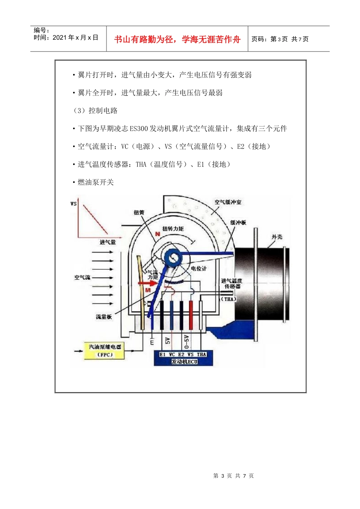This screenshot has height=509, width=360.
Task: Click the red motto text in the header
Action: [177, 39]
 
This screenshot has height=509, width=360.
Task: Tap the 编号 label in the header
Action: [41, 30]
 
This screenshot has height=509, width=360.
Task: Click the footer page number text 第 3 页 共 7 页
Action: [233, 476]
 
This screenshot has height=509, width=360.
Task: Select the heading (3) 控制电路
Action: [95, 111]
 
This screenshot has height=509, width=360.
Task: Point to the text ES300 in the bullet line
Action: [139, 129]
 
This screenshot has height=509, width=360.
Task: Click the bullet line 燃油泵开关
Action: [95, 182]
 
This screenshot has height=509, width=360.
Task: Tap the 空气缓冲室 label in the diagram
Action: [228, 202]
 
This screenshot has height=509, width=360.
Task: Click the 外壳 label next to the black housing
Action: [277, 237]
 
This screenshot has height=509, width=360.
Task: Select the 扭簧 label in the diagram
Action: [139, 212]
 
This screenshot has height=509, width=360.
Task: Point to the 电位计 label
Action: [199, 269]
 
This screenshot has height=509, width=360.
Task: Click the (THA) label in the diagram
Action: [229, 299]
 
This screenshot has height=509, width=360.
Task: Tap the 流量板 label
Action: [103, 317]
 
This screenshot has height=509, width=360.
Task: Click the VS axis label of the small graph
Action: [74, 204]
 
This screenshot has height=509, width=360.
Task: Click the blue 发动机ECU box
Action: [183, 358]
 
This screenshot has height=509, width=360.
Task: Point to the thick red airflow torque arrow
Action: [147, 283]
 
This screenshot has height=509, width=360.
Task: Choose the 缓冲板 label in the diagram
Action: [238, 222]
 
